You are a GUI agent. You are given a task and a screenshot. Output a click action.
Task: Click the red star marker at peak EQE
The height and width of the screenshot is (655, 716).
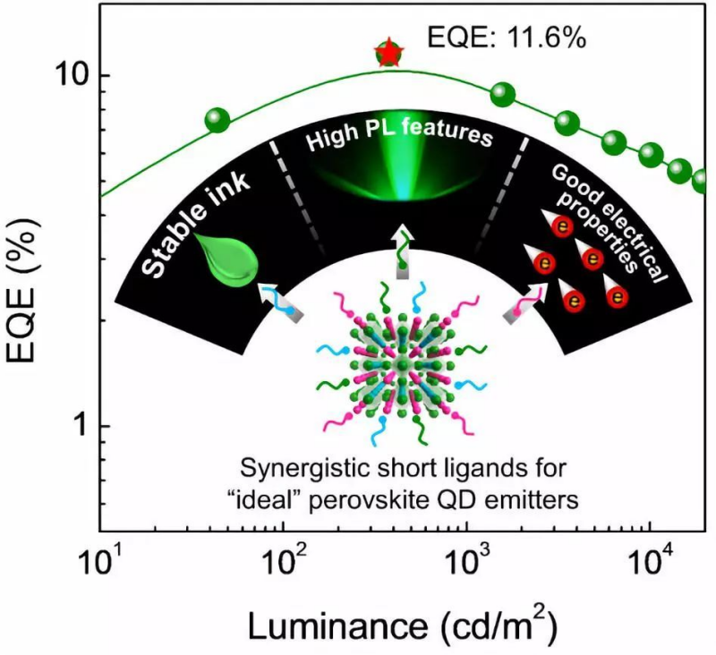[x=388, y=53]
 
